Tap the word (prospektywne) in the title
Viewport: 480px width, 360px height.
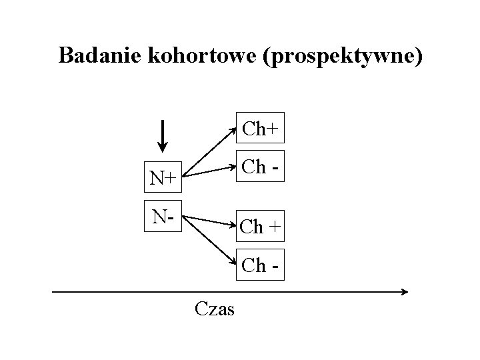pos(344,56)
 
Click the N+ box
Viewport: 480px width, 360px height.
pos(163,178)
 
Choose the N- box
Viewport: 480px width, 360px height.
pos(163,217)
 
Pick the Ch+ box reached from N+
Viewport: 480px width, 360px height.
pos(260,128)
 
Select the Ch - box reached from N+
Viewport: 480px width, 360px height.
pos(260,167)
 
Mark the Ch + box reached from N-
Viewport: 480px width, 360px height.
pos(260,227)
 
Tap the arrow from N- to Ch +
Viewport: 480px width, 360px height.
pos(209,222)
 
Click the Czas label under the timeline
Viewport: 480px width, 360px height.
pos(214,309)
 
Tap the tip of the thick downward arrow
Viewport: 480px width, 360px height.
pos(164,151)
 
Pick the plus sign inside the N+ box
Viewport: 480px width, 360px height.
pos(171,179)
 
